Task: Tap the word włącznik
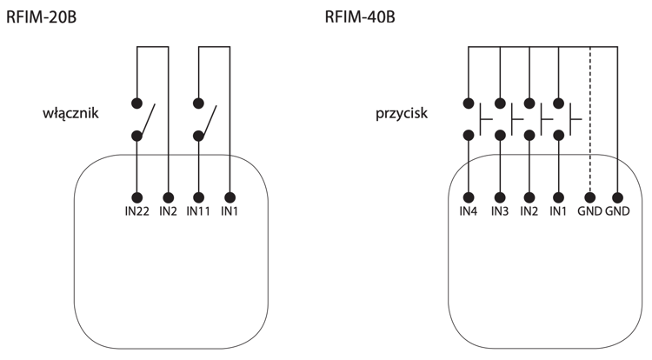click(x=70, y=113)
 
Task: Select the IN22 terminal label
click(x=136, y=211)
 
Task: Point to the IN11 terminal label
click(x=199, y=211)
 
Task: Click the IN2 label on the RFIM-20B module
click(x=168, y=211)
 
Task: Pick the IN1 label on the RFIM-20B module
click(x=230, y=211)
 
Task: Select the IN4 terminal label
click(x=469, y=211)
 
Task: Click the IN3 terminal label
click(x=500, y=211)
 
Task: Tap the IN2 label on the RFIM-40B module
click(x=529, y=211)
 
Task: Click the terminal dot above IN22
click(x=136, y=197)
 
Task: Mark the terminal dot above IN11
click(x=199, y=197)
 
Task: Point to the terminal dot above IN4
click(x=469, y=197)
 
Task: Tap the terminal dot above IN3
click(x=500, y=197)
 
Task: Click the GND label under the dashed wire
click(x=589, y=211)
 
